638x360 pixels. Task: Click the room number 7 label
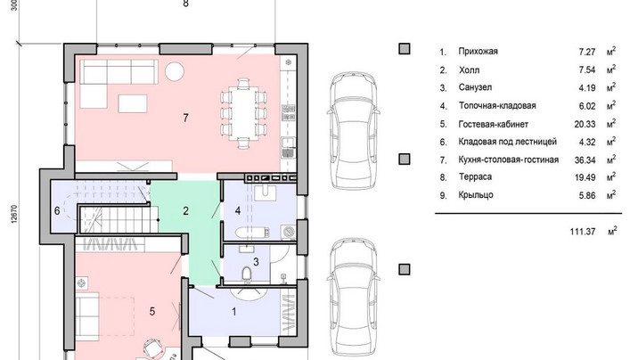tap(186, 118)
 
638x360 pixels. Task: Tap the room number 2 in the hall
tap(186, 211)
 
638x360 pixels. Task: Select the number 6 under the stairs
tap(57, 210)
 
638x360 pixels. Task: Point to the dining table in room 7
tap(243, 113)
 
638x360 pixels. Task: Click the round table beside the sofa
tap(175, 71)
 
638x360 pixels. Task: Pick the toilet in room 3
tap(247, 274)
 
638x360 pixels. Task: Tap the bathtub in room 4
tap(252, 233)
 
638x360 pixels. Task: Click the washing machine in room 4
tap(289, 232)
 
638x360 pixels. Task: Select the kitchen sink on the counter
tap(288, 148)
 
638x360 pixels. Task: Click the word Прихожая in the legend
tap(478, 52)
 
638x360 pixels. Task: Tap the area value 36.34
tap(585, 160)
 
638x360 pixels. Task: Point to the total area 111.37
tap(583, 232)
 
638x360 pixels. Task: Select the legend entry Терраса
tap(475, 177)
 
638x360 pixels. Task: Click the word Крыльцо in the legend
tap(476, 195)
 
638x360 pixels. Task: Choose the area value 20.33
tap(585, 125)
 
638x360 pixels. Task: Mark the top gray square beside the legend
tap(404, 49)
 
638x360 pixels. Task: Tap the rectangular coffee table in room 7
tap(133, 103)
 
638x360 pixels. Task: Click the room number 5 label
tap(152, 312)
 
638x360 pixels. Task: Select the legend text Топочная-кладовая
tap(497, 106)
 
